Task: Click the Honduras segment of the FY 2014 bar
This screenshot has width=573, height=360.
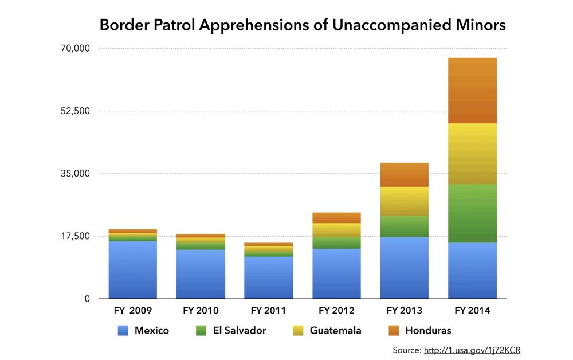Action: [x=472, y=91]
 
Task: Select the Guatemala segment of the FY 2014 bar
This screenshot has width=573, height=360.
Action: [x=472, y=154]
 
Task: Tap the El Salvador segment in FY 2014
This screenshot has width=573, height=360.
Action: [x=472, y=213]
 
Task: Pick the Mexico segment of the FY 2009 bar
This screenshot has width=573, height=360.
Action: [x=132, y=269]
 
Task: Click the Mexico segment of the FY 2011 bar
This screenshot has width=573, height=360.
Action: [x=268, y=277]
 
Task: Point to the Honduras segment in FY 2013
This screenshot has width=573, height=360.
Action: [x=405, y=175]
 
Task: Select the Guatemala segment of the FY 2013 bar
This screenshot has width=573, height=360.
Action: [x=405, y=201]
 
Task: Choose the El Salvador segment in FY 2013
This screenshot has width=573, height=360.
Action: [x=405, y=226]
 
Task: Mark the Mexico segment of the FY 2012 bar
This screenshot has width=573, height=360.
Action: [x=336, y=273]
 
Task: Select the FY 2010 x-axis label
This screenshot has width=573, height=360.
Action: [x=201, y=311]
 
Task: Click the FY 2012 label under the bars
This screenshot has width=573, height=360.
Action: [x=336, y=311]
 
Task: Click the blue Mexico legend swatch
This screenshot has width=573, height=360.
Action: [x=123, y=331]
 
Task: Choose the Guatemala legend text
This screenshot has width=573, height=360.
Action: [x=335, y=331]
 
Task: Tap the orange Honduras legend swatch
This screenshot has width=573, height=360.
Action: [x=393, y=331]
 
